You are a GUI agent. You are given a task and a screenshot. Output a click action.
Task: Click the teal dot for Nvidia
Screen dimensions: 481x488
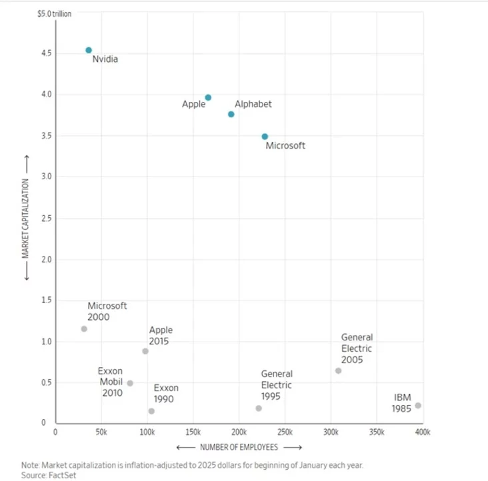(x=89, y=50)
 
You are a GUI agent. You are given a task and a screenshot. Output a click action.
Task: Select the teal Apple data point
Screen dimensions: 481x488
(x=208, y=97)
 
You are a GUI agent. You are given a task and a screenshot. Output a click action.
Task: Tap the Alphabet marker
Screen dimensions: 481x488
(x=231, y=114)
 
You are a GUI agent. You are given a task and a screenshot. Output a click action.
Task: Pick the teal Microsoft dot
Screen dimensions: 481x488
(x=265, y=136)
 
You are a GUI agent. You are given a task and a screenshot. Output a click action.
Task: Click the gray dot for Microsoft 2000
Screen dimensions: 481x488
(x=84, y=328)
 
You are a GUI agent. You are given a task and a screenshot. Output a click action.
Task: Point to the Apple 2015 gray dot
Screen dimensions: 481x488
(x=145, y=351)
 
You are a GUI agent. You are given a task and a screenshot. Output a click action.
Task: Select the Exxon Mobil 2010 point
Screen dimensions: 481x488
(x=130, y=383)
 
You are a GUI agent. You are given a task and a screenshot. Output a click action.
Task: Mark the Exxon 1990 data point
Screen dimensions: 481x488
(x=151, y=411)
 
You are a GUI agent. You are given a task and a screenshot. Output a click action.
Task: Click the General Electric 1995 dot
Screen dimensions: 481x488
(x=259, y=408)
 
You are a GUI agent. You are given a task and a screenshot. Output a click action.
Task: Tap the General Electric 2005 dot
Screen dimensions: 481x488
(x=338, y=370)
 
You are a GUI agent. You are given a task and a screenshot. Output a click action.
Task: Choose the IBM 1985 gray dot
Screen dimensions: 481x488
(x=418, y=405)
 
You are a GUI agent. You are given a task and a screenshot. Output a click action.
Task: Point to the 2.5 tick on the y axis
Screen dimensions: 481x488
(x=44, y=218)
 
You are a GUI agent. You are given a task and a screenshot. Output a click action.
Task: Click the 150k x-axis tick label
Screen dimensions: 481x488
(x=193, y=432)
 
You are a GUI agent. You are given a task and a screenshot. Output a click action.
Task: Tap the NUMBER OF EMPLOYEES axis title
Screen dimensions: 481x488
(x=239, y=446)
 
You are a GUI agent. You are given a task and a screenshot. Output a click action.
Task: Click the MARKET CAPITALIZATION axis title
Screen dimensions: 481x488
(x=25, y=218)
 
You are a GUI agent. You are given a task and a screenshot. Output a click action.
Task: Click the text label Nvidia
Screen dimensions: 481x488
(x=105, y=59)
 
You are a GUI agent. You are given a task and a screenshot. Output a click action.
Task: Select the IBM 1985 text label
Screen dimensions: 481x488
(x=403, y=403)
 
